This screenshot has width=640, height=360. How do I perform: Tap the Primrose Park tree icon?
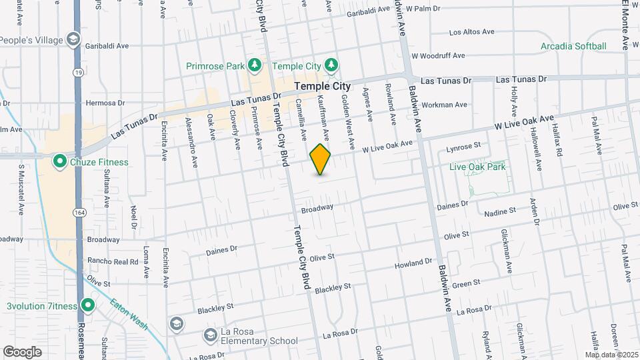click(x=253, y=65)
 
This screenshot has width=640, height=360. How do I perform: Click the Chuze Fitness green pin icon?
click(x=59, y=161)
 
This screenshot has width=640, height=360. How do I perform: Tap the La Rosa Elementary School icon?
click(x=211, y=333)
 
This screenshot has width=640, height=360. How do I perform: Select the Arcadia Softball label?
click(x=573, y=46)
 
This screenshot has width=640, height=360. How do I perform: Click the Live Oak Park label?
click(x=477, y=167)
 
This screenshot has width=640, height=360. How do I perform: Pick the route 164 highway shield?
click(x=79, y=213)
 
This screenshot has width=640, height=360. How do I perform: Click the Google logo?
click(x=22, y=352)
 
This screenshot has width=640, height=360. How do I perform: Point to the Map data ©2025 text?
click(x=611, y=355)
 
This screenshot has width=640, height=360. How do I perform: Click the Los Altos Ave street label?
click(x=471, y=32)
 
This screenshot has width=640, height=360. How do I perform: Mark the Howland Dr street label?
click(x=413, y=264)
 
